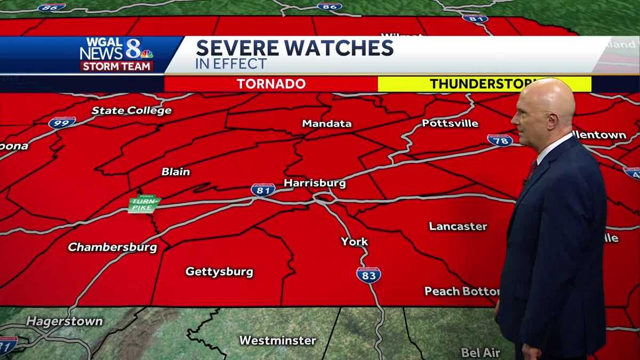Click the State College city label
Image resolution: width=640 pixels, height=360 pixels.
tap(132, 110)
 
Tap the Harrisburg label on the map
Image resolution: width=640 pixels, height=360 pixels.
tap(315, 183)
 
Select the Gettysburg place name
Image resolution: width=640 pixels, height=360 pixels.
tap(219, 271)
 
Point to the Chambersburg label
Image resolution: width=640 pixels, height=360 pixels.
tap(113, 247)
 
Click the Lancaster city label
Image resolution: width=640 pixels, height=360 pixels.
tap(458, 226)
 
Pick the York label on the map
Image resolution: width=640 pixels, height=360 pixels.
tap(355, 242)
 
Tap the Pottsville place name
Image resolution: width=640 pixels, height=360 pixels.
tap(450, 123)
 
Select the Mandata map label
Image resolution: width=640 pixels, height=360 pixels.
tap(327, 124)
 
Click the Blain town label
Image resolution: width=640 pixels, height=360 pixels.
tap(175, 172)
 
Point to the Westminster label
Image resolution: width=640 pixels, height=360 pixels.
tap(277, 340)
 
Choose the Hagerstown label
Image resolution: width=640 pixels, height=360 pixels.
tap(65, 322)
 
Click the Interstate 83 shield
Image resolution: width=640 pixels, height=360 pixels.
tap(369, 275)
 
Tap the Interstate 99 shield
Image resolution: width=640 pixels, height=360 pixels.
tap(62, 123)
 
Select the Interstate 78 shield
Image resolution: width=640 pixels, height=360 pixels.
tap(500, 140)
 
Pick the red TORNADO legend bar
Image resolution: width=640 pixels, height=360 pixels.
tap(271, 84)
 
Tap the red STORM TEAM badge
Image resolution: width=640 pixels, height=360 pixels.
tap(117, 67)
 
